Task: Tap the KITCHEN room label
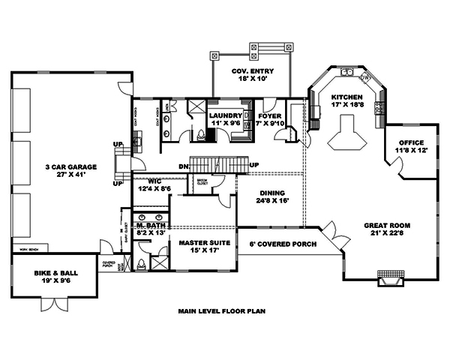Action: click(x=347, y=98)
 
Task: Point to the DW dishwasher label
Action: click(x=365, y=78)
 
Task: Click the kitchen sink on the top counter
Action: click(x=348, y=73)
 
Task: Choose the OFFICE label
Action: click(x=411, y=142)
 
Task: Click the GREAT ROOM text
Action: click(x=388, y=225)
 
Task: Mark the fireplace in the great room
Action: click(x=388, y=280)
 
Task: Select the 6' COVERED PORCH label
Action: click(x=282, y=244)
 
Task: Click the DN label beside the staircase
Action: click(x=183, y=165)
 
